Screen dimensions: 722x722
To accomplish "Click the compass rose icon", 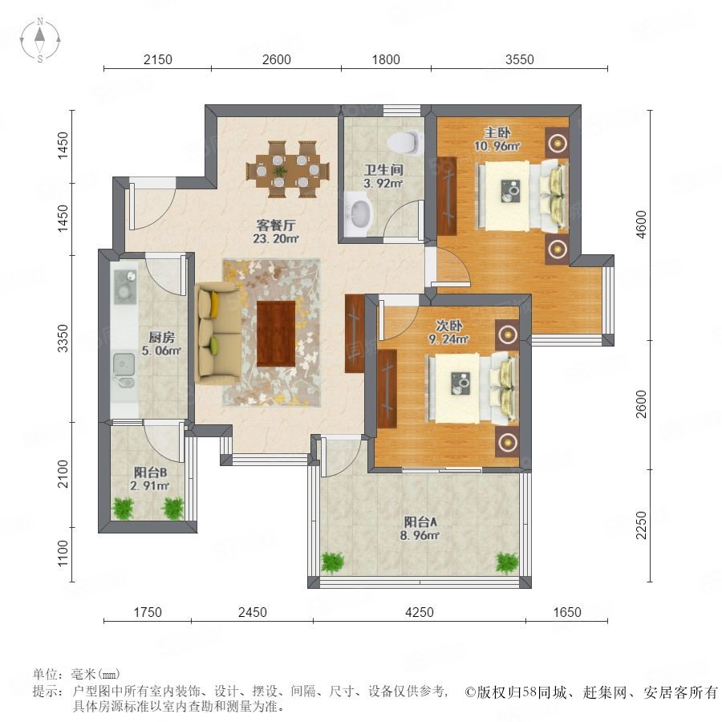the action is click(x=40, y=40).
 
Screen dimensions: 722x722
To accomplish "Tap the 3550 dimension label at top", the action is click(x=519, y=59).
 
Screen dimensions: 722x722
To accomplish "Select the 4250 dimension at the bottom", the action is click(x=419, y=612).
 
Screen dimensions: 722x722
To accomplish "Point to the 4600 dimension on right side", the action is click(x=641, y=225).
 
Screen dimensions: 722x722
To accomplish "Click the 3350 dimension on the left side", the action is click(x=62, y=339).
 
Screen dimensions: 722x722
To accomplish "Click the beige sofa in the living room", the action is click(x=217, y=333).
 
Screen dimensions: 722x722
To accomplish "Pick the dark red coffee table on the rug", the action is click(x=276, y=334).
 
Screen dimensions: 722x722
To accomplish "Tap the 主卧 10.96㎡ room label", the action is click(x=497, y=139).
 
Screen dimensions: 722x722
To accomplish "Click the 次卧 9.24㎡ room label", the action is click(x=449, y=332).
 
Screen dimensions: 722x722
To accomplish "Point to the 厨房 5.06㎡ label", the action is click(x=161, y=344).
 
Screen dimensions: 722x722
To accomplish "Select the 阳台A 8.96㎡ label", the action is click(x=420, y=528).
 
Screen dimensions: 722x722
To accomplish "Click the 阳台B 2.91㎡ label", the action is click(x=150, y=479).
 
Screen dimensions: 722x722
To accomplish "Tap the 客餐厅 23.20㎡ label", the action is click(x=276, y=232).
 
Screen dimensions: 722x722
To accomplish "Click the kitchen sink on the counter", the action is click(x=124, y=370).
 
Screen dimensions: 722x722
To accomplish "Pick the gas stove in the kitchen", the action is click(x=125, y=286).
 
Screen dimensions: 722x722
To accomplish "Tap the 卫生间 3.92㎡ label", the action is click(x=383, y=176).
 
